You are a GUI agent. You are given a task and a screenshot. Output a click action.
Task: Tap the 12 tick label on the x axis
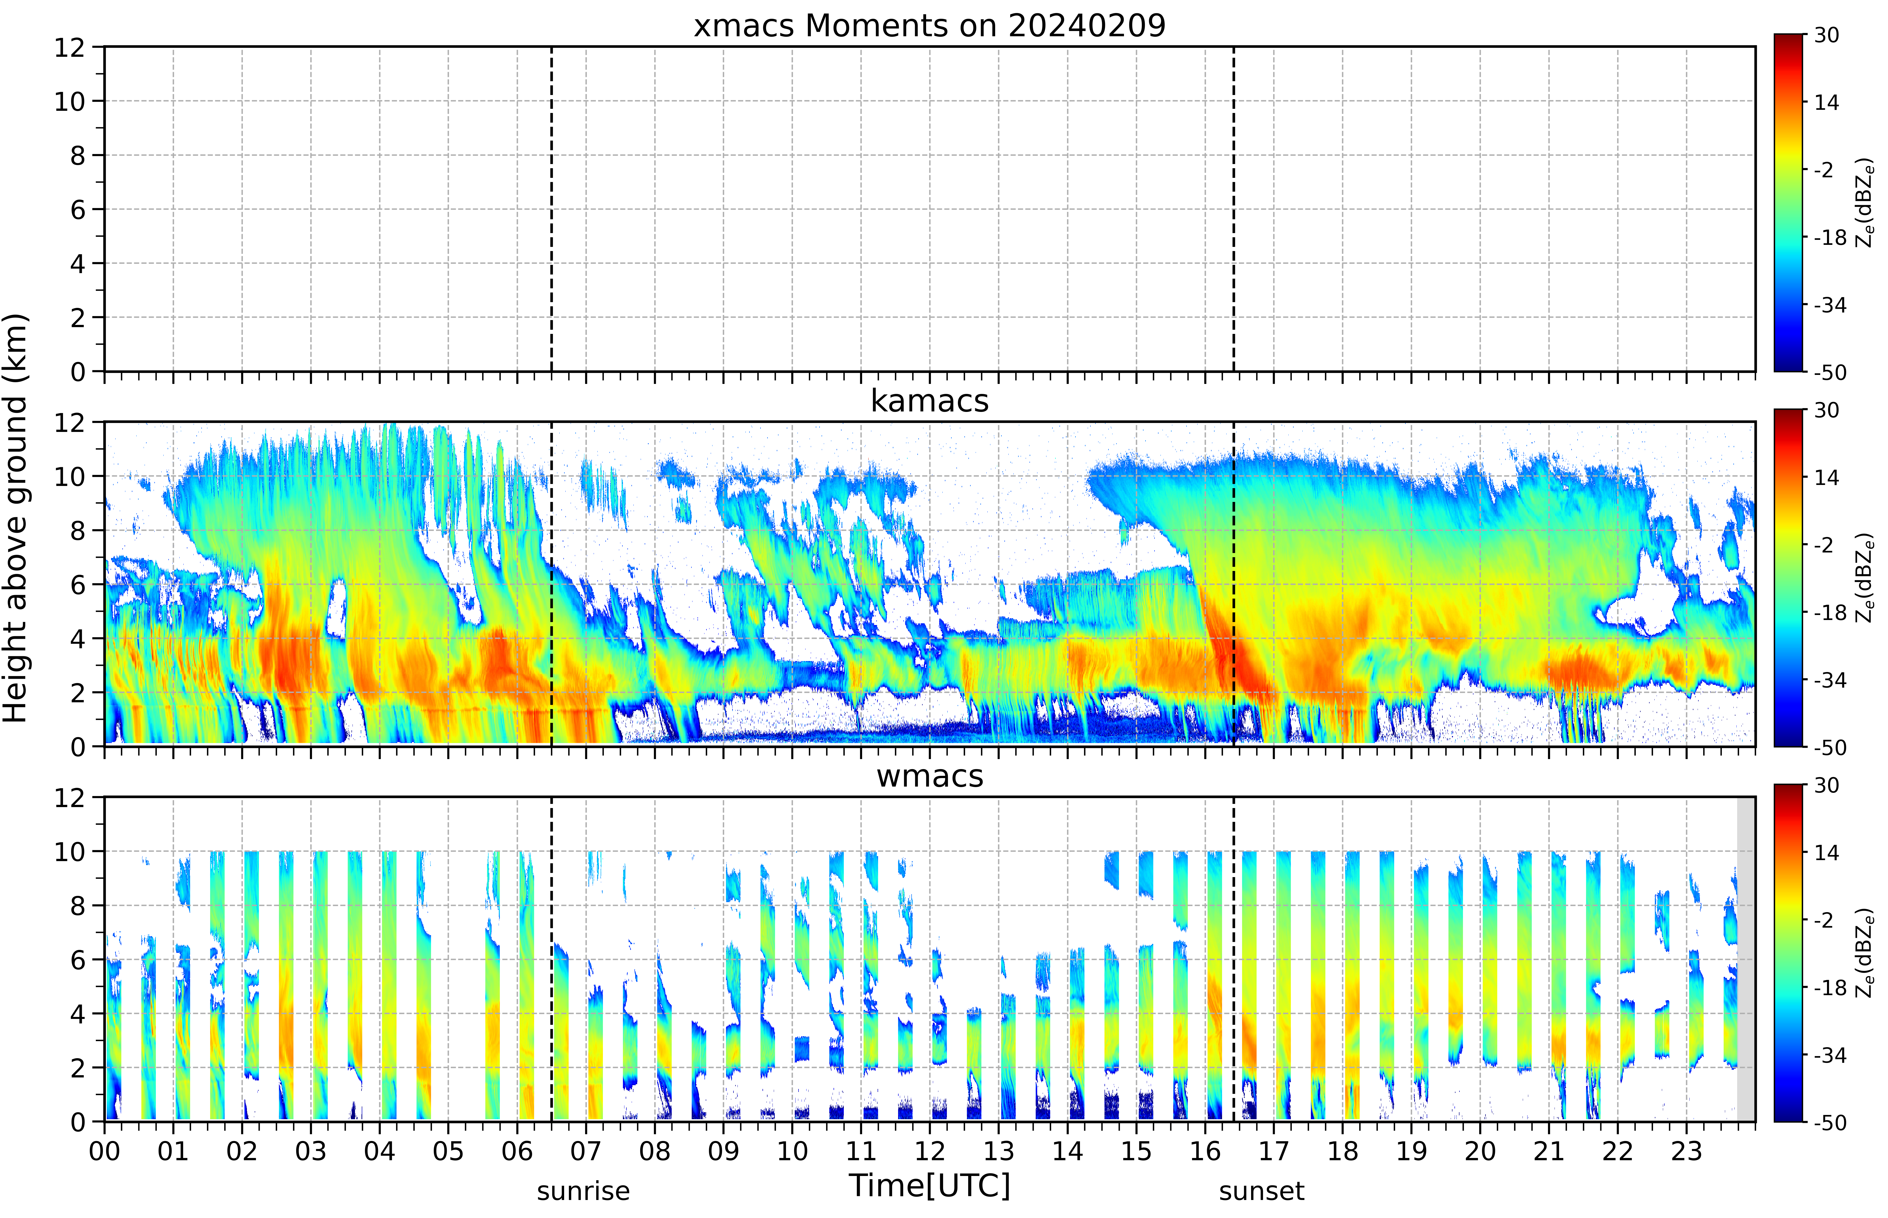930,1151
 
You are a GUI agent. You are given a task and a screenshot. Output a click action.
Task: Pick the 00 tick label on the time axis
104,1151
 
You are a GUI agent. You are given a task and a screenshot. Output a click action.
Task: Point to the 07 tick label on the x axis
586,1151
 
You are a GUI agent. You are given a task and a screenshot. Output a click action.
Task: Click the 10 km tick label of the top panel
70,101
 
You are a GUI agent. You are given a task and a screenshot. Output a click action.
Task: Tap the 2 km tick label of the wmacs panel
78,1068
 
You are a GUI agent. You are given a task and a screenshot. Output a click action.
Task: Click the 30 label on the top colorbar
1826,35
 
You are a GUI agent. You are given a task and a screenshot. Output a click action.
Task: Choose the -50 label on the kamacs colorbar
1830,747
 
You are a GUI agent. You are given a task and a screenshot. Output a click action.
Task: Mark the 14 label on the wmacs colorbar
1826,853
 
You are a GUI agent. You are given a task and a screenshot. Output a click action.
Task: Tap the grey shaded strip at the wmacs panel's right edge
1746,959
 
